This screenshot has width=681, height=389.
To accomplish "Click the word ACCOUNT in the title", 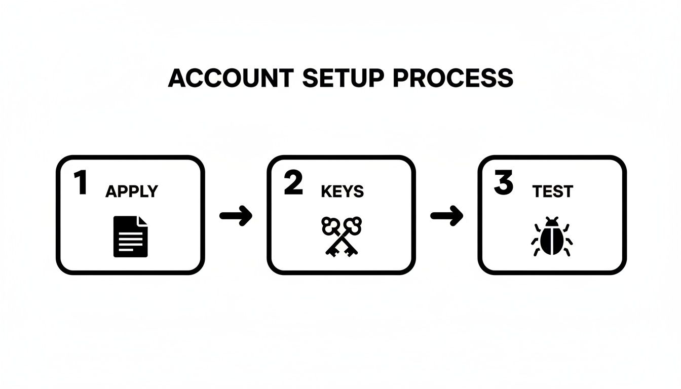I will [231, 79].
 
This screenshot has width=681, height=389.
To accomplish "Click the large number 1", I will [80, 183].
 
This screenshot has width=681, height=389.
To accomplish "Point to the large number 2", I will [293, 183].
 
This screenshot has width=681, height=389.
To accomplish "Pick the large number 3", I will [503, 183].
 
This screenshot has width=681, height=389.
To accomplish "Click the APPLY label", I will [132, 191].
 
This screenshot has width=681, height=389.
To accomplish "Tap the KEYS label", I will [343, 191].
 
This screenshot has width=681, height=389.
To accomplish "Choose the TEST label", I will [553, 191].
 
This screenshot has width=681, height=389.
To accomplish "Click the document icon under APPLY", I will [130, 236].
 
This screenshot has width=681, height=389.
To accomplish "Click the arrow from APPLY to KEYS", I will [236, 216].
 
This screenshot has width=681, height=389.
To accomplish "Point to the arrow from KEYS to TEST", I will [446, 216].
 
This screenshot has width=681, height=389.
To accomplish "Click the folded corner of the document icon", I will [142, 221].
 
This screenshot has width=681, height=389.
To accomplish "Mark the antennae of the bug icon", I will [552, 220].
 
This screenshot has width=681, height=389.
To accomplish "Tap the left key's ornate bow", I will [330, 225].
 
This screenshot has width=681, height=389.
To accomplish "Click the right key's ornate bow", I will [353, 224].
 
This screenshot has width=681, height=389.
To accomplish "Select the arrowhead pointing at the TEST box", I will [457, 216].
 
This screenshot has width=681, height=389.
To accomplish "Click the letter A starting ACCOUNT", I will [176, 79].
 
